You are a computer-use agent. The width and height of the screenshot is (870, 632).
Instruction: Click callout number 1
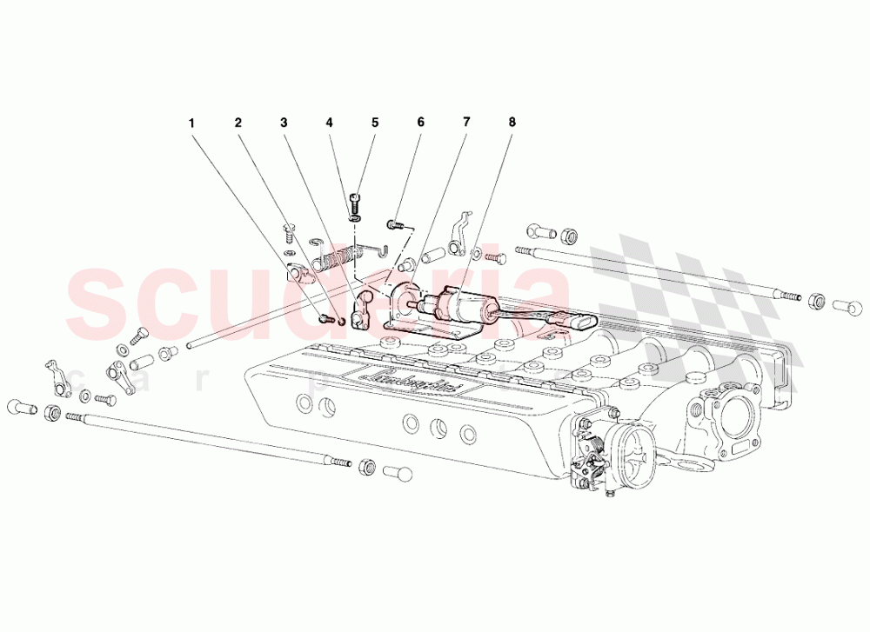192,123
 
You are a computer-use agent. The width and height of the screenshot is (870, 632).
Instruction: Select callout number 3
284,123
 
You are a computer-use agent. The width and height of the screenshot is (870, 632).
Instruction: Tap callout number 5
375,123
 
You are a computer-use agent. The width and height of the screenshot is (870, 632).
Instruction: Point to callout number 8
512,123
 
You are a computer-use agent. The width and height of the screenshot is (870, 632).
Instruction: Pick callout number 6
420,123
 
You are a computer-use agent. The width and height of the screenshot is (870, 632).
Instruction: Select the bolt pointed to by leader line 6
393,225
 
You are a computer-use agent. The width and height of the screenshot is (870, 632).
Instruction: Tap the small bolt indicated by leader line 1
325,320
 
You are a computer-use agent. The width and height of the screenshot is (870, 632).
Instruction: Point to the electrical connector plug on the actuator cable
578,321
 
